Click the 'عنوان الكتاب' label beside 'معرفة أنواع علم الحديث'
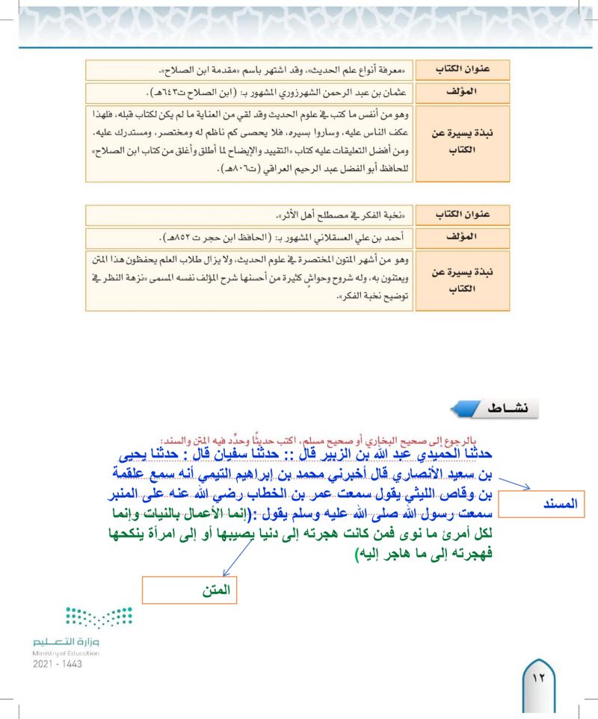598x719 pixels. (x=463, y=70)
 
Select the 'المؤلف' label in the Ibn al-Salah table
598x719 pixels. (x=463, y=93)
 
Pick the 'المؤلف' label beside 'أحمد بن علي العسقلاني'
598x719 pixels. (x=463, y=238)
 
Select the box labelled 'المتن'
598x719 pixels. (x=189, y=590)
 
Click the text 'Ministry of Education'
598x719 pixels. (x=66, y=652)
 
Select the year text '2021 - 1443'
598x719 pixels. (x=58, y=664)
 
